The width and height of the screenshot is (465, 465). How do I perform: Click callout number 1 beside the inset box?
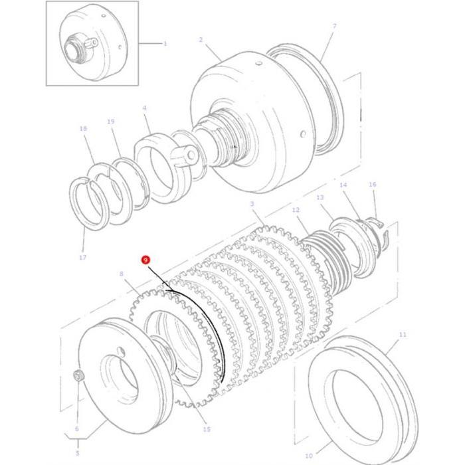tap(165, 43)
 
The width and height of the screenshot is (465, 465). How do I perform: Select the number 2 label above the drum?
tap(201, 40)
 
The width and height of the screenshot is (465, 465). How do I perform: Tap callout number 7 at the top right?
tap(334, 26)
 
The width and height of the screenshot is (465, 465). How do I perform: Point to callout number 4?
tap(144, 108)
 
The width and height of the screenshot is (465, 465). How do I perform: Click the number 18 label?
tap(82, 129)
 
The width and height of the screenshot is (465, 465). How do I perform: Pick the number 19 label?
tap(111, 122)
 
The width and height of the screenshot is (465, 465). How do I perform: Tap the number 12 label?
tap(296, 210)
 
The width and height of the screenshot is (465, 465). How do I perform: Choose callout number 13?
tap(320, 197)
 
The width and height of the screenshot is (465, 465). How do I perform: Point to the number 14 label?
tap(343, 185)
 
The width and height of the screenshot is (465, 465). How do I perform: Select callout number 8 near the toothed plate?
tap(121, 274)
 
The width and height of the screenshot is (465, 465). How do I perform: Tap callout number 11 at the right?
tap(402, 335)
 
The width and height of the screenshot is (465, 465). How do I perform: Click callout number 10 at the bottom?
tap(308, 456)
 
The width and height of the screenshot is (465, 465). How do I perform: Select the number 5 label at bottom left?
tap(76, 453)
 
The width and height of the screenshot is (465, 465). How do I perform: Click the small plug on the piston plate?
tap(78, 376)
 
